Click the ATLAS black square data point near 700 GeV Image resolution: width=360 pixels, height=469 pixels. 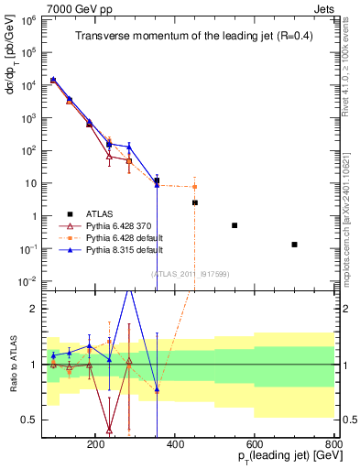[x=294, y=245]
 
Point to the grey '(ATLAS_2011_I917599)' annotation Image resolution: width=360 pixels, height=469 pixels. [x=190, y=272]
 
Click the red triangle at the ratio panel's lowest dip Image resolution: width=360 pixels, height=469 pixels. [x=109, y=429]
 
